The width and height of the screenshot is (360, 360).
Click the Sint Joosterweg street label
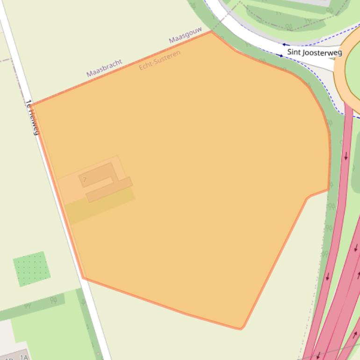pos(314,52)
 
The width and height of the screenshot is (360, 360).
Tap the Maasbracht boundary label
pos(104,68)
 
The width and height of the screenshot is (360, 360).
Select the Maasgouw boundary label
pos(185,35)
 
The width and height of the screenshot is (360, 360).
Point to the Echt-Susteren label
pos(159,60)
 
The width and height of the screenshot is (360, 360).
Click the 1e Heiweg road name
pos(32,117)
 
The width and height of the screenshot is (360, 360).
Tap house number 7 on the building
pos(85,180)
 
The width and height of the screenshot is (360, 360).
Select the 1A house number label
pos(24,357)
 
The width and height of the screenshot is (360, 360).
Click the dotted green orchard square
pos(31,269)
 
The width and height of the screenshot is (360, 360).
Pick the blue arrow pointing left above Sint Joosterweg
pos(284,45)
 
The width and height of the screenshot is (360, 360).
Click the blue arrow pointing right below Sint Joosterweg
pos(281,55)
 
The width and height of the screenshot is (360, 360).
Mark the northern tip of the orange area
pos(211,31)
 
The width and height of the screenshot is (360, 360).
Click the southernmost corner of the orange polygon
pos(241,329)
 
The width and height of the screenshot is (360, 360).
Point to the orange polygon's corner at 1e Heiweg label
pos(32,104)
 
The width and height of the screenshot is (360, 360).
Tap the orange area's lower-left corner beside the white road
pos(84,278)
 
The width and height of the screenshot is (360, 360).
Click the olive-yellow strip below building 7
pos(100,206)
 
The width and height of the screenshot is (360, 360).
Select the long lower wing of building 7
pos(109,189)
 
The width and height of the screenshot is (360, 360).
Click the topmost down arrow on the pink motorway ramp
pos(346,156)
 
